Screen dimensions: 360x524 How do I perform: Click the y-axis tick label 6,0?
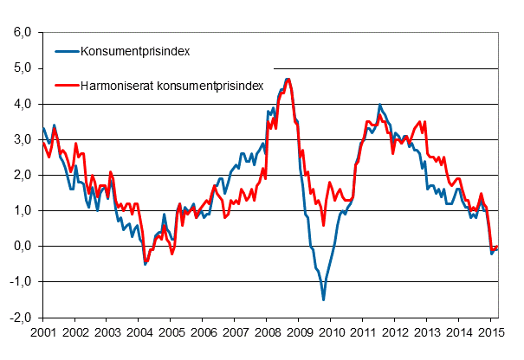23,33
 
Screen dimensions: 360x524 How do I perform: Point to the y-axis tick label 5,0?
23,68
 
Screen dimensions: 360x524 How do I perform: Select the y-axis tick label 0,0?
23,247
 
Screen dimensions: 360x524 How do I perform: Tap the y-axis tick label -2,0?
21,318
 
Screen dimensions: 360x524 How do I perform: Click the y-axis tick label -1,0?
21,282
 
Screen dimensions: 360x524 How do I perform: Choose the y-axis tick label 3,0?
23,139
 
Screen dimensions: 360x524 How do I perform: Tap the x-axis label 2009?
299,332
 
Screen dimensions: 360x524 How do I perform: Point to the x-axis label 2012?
395,332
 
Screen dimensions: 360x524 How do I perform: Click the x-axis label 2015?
491,332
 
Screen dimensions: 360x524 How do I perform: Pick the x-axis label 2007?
235,332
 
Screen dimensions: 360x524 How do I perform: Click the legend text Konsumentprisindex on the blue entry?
134,51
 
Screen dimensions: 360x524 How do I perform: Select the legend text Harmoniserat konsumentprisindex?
171,86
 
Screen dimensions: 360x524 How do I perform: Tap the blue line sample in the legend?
65,51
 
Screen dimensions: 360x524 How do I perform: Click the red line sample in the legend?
65,86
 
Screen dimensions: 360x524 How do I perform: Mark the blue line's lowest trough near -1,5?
323,299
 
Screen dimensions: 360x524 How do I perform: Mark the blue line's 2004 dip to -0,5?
145,264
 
